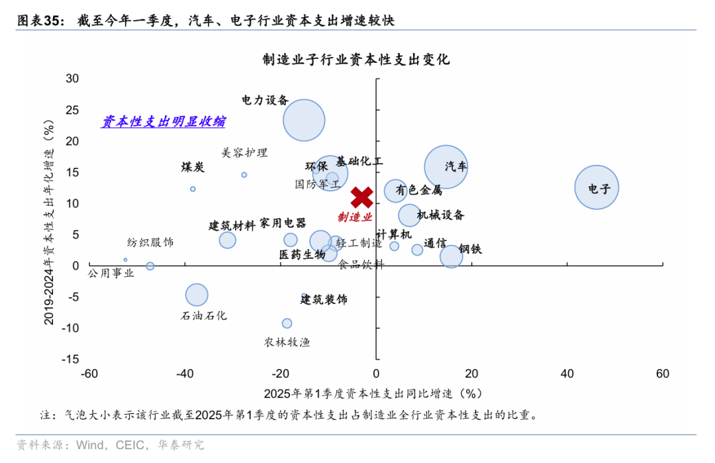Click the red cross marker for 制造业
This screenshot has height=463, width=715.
[x=361, y=197]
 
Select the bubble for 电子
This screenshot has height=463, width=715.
[x=596, y=187]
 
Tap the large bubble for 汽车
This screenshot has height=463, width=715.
[x=446, y=167]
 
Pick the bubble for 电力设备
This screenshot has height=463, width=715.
[x=304, y=121]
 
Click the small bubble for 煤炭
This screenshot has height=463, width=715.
[x=193, y=189]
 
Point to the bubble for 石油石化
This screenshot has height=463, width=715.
[x=197, y=295]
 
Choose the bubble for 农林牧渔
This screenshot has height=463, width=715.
[x=287, y=323]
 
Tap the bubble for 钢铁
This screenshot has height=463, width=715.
[x=451, y=256]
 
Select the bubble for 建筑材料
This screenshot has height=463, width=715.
[x=228, y=240]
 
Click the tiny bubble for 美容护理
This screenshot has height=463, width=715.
[x=244, y=175]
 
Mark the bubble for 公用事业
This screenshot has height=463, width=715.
[x=150, y=266]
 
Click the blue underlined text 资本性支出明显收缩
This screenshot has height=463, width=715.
[x=163, y=122]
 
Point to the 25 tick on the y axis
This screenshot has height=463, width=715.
[x=71, y=110]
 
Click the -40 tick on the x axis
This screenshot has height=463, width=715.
[x=185, y=374]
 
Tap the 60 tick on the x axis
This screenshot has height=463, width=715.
[x=663, y=374]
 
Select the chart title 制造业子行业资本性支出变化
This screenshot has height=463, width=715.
[x=356, y=60]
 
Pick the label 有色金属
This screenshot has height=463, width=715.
[x=418, y=191]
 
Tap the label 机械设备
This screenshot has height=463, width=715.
[x=441, y=215]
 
